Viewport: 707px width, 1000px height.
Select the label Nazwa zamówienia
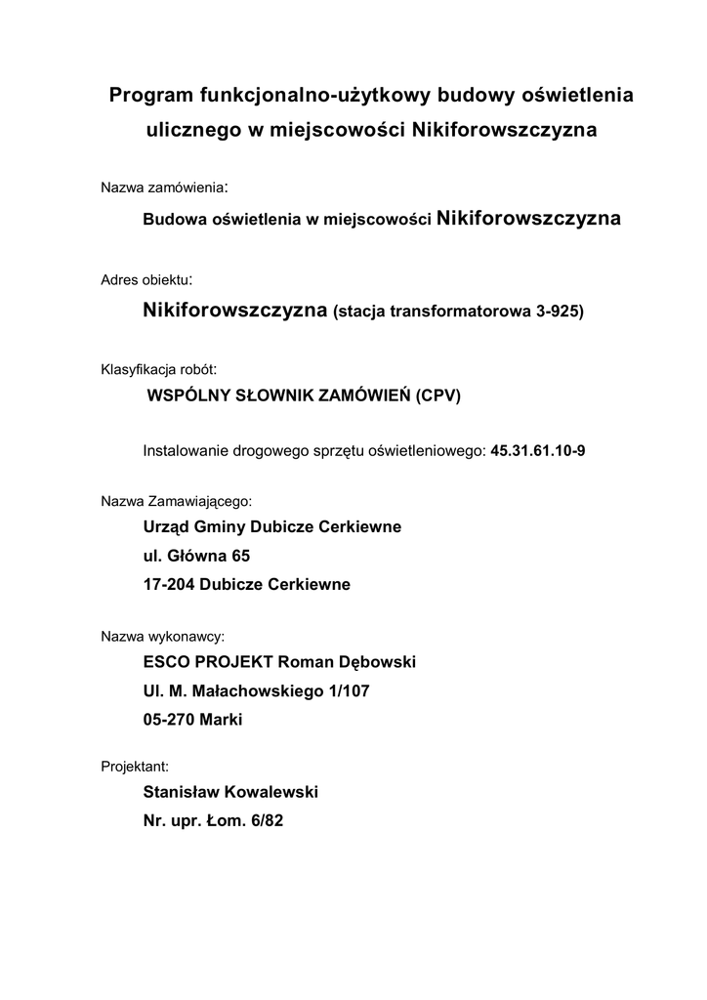click(163, 187)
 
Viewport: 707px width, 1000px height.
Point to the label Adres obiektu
click(146, 279)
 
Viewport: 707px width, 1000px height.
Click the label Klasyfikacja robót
click(158, 371)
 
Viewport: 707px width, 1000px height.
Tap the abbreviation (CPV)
click(437, 396)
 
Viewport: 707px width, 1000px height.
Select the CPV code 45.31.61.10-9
click(537, 451)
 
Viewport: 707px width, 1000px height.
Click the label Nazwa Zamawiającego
click(176, 502)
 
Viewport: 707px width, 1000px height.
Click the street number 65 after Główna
click(240, 557)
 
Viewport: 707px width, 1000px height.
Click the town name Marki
click(220, 720)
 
